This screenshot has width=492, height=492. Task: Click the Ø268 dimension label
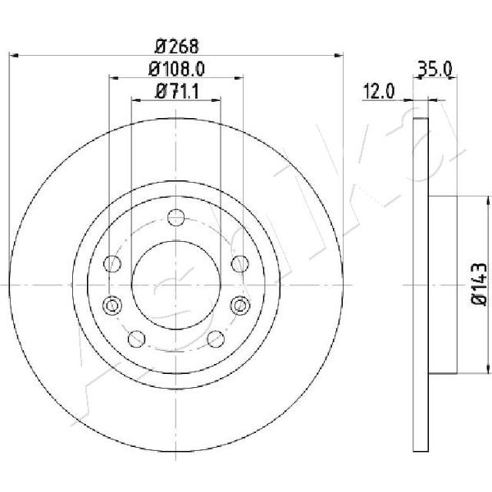(177, 47)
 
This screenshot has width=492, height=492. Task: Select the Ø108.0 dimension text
(176, 69)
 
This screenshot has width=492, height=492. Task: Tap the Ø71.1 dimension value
(177, 92)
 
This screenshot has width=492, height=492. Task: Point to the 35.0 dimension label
(435, 69)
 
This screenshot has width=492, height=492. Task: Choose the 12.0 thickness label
(378, 92)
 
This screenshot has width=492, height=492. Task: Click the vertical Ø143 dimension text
(479, 285)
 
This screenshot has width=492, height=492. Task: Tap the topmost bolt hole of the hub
(175, 217)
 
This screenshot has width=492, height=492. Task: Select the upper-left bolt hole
(112, 263)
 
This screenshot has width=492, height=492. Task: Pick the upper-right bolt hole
(239, 263)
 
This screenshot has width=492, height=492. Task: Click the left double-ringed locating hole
(112, 305)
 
